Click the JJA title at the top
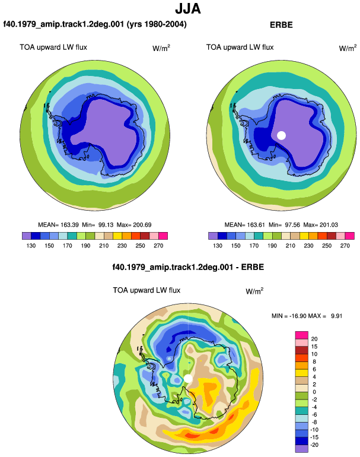click(x=188, y=9)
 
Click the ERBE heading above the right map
click(x=281, y=25)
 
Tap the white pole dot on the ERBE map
click(x=281, y=135)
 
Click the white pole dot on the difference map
click(x=188, y=379)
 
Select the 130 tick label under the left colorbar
click(x=31, y=246)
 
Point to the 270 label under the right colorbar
click(x=345, y=246)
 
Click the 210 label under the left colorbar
click(x=104, y=246)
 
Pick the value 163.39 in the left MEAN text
click(x=69, y=225)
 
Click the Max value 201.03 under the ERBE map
click(x=329, y=225)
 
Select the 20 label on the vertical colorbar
click(x=314, y=339)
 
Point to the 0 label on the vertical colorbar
click(x=314, y=392)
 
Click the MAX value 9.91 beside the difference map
click(x=336, y=316)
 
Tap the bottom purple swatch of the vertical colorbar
click(x=302, y=449)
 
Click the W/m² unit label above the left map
click(x=161, y=48)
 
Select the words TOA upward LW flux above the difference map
click(x=146, y=290)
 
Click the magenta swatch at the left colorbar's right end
click(x=163, y=236)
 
